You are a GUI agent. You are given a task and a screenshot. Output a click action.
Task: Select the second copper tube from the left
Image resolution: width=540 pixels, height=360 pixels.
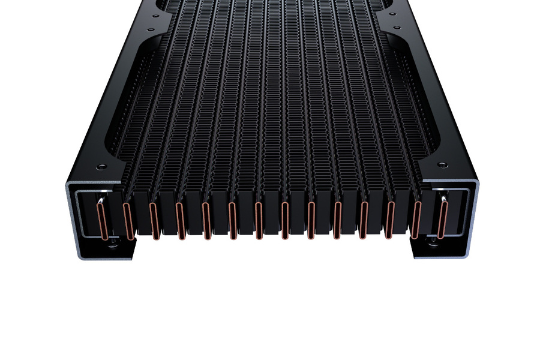127,221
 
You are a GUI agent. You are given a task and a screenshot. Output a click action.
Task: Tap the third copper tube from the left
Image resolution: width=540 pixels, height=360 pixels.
154,221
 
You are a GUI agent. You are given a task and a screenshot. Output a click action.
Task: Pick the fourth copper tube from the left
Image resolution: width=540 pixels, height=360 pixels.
180,221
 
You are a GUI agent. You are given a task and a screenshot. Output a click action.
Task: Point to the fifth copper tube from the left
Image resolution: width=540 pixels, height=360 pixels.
206,221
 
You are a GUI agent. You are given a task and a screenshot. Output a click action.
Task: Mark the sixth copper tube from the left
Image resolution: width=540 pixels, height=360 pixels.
232,221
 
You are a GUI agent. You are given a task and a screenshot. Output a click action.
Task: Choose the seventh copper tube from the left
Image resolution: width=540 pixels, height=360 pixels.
259,221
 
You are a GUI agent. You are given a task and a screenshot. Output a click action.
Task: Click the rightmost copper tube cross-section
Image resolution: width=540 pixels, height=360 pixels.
443,220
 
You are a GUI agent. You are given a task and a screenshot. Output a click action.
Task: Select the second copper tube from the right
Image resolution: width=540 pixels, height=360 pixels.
417,221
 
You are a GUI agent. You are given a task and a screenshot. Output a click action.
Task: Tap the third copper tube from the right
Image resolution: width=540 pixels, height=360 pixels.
391,221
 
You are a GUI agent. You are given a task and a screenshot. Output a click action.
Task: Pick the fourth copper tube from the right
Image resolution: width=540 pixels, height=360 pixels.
364,221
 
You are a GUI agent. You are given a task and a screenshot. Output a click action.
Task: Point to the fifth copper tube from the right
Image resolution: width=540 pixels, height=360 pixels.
338,221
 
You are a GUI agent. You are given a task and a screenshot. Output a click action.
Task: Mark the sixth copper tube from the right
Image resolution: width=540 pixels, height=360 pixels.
311,221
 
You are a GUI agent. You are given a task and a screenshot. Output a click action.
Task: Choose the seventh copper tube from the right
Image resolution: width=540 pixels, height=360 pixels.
285,221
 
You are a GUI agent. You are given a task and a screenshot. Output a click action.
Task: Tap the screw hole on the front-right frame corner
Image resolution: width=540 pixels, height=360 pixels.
442,164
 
